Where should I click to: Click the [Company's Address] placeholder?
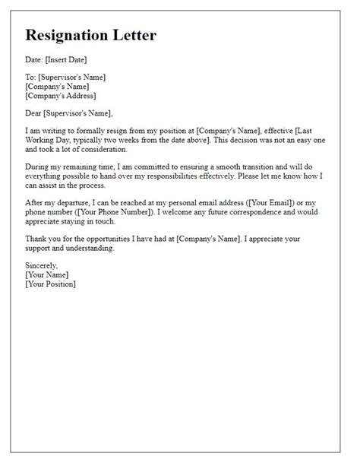coord(61,96)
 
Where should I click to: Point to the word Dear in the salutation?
coord(35,113)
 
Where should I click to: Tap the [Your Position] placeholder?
coord(51,285)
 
